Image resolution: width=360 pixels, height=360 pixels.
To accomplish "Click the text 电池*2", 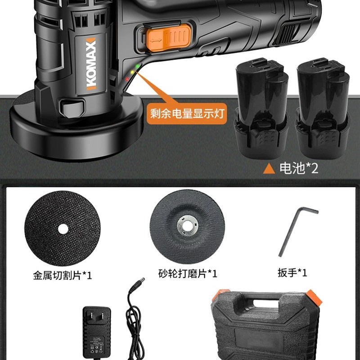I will [299, 168].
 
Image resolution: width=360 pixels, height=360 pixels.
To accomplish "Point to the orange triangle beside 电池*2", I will [269, 169].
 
